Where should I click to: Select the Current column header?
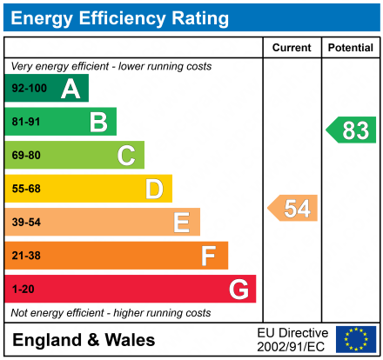pyautogui.click(x=292, y=48)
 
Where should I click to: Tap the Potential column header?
pyautogui.click(x=350, y=48)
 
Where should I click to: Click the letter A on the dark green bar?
pyautogui.click(x=71, y=89)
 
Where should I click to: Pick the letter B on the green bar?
pyautogui.click(x=98, y=123)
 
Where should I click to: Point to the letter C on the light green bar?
pyautogui.click(x=126, y=156)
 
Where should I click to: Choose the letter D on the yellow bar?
pyautogui.click(x=154, y=189)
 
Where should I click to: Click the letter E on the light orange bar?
pyautogui.click(x=181, y=223)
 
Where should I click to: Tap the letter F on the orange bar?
pyautogui.click(x=209, y=256)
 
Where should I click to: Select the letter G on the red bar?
pyautogui.click(x=238, y=289)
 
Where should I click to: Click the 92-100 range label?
pyautogui.click(x=28, y=89)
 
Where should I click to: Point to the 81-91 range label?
pyautogui.click(x=26, y=123)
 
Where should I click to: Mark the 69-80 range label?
pyautogui.click(x=26, y=156)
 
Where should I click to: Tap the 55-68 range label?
pyautogui.click(x=26, y=189)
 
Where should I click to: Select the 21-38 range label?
pyautogui.click(x=26, y=256)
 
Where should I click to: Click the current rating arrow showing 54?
pyautogui.click(x=293, y=209)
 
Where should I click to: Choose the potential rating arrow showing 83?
pyautogui.click(x=352, y=130)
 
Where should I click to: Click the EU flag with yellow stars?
pyautogui.click(x=356, y=339)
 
